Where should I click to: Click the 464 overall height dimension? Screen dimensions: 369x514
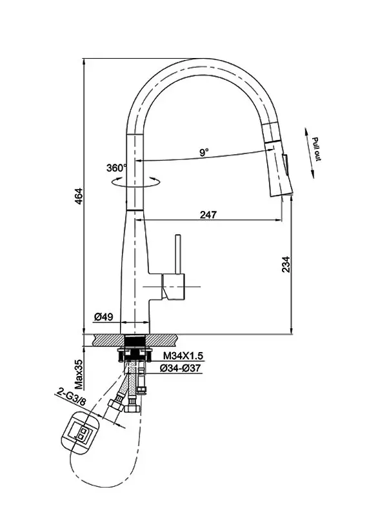(79, 195)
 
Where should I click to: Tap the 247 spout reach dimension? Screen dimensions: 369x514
(208, 214)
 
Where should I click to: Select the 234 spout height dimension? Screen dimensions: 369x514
(286, 264)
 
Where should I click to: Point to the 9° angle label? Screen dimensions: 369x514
(204, 152)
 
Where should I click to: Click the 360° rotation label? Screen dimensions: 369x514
(116, 168)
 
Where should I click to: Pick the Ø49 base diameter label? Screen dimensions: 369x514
(104, 317)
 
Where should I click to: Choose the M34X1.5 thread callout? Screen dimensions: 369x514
(183, 355)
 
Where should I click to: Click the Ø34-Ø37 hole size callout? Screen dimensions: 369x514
(180, 368)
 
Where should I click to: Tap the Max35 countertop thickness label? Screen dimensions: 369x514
(79, 374)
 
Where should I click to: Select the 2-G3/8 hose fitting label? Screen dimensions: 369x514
(72, 397)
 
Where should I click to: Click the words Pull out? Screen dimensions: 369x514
(317, 149)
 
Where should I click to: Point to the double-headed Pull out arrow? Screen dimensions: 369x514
(310, 153)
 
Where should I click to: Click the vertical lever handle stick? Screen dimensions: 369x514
(179, 253)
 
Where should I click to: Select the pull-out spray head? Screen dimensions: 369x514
(277, 159)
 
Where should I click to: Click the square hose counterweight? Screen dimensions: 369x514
(81, 433)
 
